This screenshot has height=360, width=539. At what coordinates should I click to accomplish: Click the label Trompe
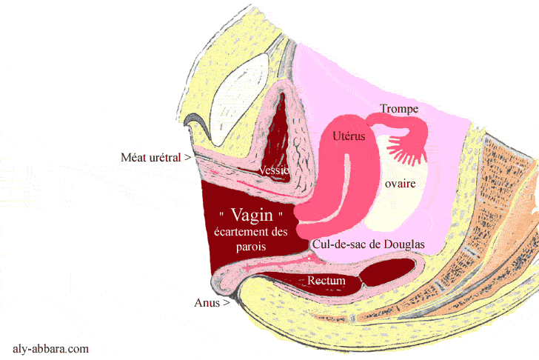click(399, 109)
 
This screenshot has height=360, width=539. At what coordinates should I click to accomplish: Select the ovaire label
click(398, 182)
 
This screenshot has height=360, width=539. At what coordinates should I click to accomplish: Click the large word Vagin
click(252, 216)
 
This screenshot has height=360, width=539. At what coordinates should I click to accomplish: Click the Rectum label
click(327, 281)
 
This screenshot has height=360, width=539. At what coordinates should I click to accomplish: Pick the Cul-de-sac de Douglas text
click(369, 242)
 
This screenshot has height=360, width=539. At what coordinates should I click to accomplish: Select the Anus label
click(207, 302)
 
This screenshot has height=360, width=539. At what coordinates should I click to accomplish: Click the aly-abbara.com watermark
click(51, 347)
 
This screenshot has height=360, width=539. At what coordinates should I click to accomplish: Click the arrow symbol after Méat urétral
click(188, 158)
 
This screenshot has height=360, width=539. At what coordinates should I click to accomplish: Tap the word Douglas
click(406, 242)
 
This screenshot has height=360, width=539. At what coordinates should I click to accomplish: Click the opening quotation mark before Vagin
click(222, 214)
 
